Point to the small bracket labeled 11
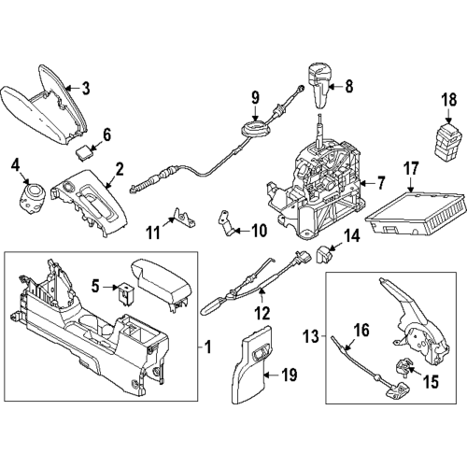coord(186,219)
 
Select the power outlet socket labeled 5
coord(122,295)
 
